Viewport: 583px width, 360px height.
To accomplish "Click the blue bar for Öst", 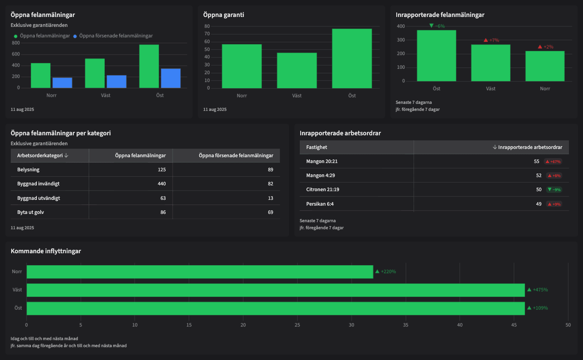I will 171,78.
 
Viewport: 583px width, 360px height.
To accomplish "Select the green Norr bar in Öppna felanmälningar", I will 41,75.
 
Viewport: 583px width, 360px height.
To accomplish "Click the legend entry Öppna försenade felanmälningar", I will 116,36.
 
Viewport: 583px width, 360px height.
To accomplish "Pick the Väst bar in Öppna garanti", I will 296,70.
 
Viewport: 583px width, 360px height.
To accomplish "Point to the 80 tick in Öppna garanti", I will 207,26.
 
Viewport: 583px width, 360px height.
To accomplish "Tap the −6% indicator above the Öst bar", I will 437,26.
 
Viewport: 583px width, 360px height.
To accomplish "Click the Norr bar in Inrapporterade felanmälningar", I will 544,66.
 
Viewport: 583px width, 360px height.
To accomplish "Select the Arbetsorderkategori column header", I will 43,156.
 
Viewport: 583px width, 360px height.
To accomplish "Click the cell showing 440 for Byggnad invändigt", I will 161,184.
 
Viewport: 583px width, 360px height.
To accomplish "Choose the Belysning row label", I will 28,170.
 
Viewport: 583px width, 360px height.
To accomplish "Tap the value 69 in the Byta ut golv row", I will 270,212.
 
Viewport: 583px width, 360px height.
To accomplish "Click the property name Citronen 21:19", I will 323,190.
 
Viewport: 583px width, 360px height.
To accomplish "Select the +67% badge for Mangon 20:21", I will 553,162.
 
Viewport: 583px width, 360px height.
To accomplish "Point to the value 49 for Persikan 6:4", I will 538,204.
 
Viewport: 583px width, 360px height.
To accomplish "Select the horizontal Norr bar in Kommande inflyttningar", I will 200,272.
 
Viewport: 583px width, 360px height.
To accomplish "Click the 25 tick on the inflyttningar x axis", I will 297,325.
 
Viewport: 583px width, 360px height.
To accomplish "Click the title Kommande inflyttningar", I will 46,251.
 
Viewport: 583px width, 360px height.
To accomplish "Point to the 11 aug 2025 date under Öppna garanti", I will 215,110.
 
